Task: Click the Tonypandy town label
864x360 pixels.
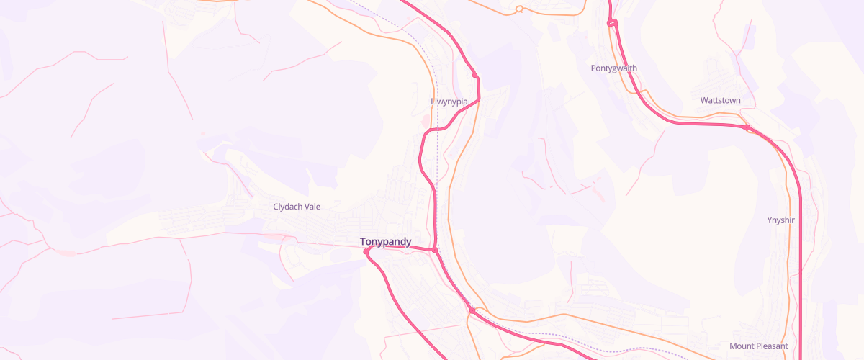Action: pos(385,242)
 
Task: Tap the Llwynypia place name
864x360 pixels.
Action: pos(449,102)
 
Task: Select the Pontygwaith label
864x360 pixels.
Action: pos(613,68)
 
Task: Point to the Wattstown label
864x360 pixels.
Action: pos(720,100)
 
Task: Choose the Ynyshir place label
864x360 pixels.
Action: pos(780,220)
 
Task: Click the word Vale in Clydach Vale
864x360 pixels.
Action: pos(311,207)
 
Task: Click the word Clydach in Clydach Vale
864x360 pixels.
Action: pos(287,207)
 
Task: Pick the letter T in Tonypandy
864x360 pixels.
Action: pos(363,242)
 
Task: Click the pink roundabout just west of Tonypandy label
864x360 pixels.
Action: pos(366,251)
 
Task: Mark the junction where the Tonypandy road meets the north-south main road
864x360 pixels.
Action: pos(436,250)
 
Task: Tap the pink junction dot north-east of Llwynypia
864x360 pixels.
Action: pos(474,75)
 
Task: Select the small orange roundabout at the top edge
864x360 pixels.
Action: pos(518,9)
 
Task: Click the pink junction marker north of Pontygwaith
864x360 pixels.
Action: pos(611,24)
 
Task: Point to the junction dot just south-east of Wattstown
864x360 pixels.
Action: pos(747,128)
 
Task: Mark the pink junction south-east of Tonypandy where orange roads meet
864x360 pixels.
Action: pos(472,310)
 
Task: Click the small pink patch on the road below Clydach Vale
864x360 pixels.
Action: pos(274,235)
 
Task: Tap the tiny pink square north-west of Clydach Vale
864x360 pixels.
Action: pos(203,133)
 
